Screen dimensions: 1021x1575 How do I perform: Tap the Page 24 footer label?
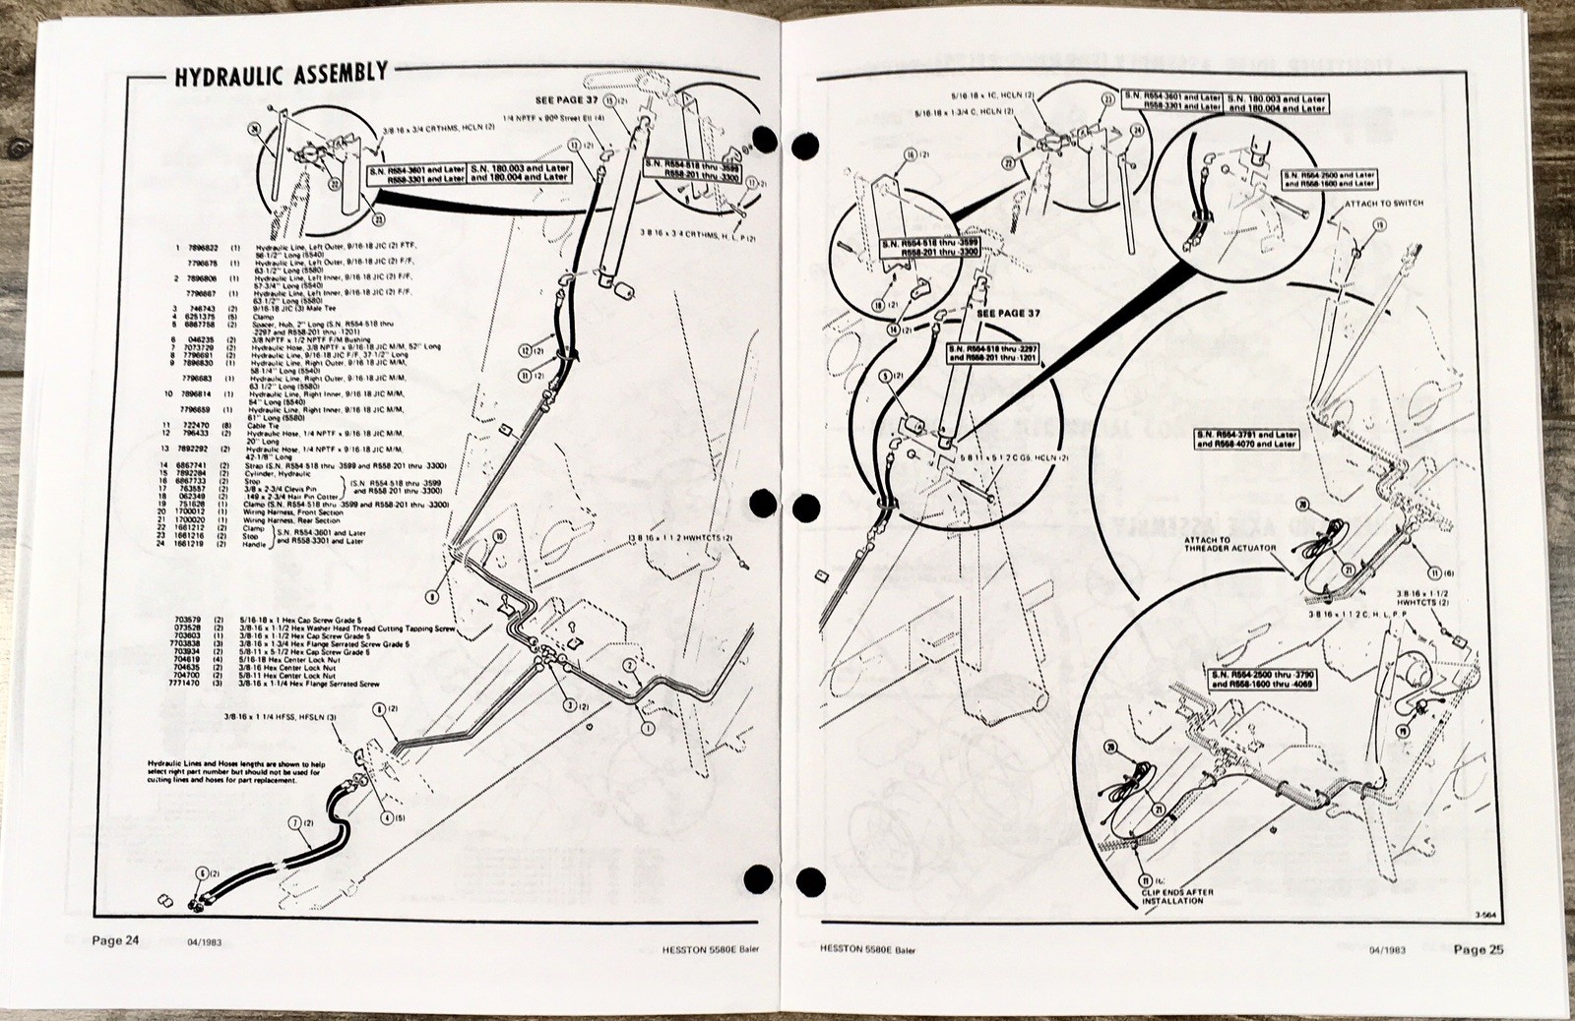116,940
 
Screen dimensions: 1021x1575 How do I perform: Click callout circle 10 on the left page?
499,535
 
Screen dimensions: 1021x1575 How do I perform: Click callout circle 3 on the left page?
568,704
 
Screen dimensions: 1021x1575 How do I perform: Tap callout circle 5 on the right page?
884,376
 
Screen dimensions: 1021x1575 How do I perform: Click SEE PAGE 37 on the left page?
566,101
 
